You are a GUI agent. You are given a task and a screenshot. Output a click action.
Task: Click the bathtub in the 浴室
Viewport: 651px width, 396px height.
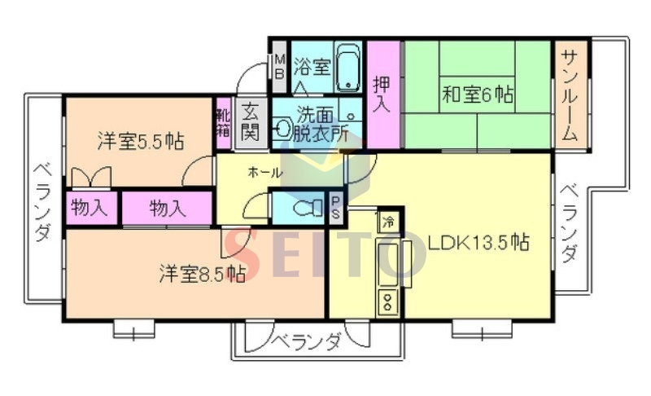tap(347, 67)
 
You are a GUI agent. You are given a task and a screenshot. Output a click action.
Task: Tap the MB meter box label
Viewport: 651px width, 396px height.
tap(280, 67)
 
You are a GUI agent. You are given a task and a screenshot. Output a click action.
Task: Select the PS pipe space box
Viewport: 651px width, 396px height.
tap(336, 208)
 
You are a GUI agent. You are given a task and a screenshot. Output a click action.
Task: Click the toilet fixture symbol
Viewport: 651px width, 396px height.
tap(308, 207)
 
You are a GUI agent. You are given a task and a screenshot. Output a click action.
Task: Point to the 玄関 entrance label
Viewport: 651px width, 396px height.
tap(250, 122)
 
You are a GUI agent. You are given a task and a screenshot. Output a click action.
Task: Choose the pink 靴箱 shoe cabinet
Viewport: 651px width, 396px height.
tap(223, 123)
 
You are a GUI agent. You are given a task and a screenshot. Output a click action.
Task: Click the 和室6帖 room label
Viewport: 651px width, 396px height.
tap(478, 95)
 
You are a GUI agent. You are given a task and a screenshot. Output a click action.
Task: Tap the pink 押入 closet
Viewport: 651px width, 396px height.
tap(382, 94)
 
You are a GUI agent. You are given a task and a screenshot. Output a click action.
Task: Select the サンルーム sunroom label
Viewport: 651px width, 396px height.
tap(571, 95)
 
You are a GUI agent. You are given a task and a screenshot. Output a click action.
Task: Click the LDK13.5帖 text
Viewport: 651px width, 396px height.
tap(478, 242)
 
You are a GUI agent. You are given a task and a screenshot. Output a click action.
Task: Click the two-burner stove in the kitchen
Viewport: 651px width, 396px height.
tap(388, 301)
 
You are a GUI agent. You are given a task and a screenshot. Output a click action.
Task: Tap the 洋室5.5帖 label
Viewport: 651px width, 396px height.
tap(141, 141)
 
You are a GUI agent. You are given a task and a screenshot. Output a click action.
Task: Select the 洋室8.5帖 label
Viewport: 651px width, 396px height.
tap(202, 274)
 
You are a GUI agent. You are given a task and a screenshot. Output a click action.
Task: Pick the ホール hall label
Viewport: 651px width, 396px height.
tap(265, 172)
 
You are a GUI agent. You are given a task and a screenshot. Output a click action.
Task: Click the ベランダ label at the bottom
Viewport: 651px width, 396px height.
tap(308, 341)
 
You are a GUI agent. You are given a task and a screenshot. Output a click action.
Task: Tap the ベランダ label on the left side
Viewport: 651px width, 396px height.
tap(43, 202)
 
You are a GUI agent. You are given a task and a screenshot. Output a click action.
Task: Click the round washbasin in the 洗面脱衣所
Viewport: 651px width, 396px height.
tap(283, 126)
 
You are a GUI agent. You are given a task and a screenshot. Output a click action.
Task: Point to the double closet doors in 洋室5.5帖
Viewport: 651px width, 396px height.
tap(91, 176)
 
